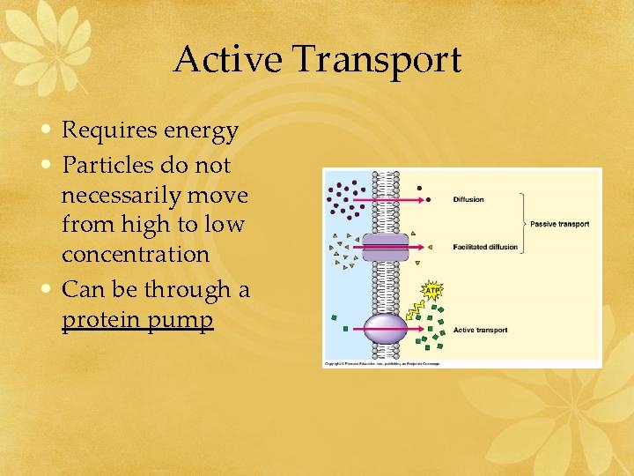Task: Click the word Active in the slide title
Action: tap(229, 60)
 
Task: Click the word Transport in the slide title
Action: tap(377, 60)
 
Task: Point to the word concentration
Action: tap(136, 255)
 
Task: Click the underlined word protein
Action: tap(99, 319)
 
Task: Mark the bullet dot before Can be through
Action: tap(49, 288)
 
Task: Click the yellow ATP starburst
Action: tap(432, 289)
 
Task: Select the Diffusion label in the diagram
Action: tap(468, 199)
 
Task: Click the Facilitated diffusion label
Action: tap(485, 247)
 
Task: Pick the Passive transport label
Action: tap(559, 224)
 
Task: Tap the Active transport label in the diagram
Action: tap(480, 331)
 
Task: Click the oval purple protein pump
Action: tap(386, 330)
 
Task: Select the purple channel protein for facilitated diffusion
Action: tap(386, 247)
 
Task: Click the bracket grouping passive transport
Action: tap(523, 223)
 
